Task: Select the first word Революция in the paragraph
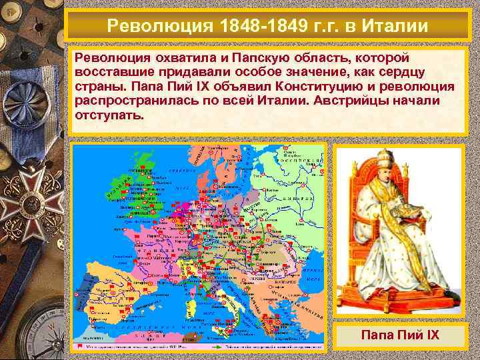110,59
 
